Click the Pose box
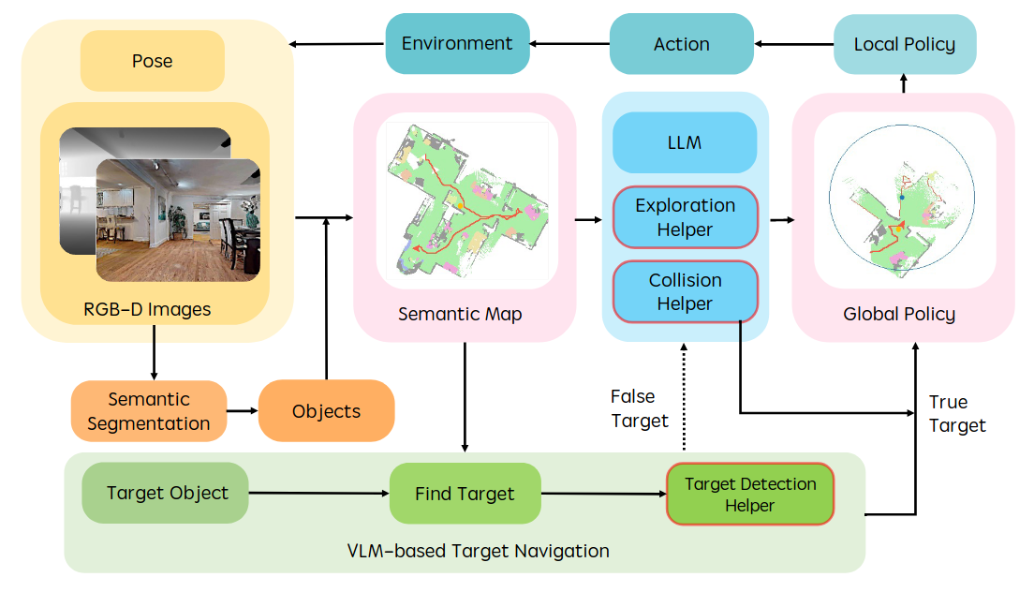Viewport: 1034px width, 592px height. coord(152,61)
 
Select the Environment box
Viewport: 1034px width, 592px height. coord(457,44)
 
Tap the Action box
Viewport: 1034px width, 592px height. coord(682,44)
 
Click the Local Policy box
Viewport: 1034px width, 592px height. coord(905,44)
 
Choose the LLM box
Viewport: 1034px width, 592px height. coord(685,143)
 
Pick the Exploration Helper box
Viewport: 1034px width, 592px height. coord(685,217)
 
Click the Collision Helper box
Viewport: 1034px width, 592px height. coord(685,292)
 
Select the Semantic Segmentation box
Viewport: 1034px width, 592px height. coord(148,411)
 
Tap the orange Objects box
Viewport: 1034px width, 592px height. coord(326,411)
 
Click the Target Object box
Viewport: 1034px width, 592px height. coord(167,493)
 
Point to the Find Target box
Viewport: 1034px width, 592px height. coord(465,494)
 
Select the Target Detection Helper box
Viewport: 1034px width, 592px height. coord(749,495)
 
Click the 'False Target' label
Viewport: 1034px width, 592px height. coord(640,408)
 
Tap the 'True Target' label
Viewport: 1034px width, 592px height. coord(956,413)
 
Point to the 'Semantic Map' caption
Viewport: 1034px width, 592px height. coord(460,315)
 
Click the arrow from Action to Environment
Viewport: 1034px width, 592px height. coord(569,43)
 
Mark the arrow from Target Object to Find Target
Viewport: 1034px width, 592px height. coord(318,493)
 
